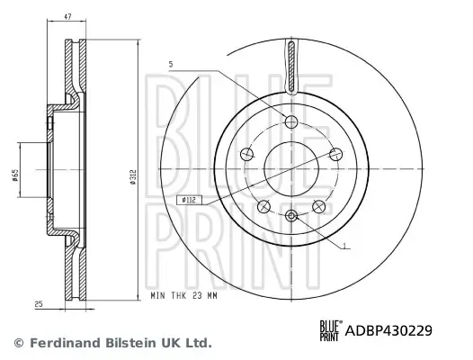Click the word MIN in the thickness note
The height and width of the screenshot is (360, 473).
pos(158,296)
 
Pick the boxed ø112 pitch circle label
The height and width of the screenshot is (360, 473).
pos(190,200)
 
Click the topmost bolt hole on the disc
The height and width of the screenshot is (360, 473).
pos(291,121)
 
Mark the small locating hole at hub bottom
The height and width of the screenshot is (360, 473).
pos(291,214)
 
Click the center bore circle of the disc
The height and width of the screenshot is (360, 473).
pos(291,167)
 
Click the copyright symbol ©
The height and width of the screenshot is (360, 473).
pos(17,343)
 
